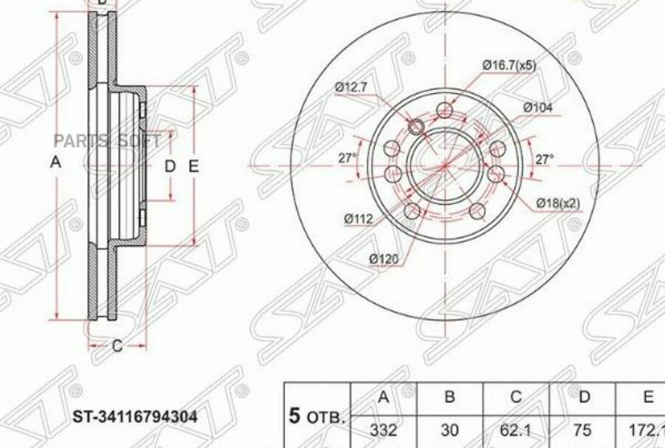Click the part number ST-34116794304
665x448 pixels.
click(x=134, y=417)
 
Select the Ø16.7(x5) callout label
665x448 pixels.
click(x=509, y=65)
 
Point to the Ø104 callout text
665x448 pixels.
click(x=538, y=107)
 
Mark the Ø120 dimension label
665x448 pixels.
click(x=385, y=258)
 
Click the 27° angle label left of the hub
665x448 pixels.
click(x=347, y=157)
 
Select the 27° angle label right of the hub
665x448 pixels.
click(x=545, y=158)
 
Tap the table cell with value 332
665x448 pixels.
click(x=383, y=431)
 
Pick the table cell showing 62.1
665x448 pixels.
click(x=516, y=431)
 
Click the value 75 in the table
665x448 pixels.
click(x=584, y=431)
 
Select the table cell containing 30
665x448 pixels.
click(x=449, y=431)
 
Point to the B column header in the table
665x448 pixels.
click(x=449, y=398)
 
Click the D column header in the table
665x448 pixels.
click(x=584, y=398)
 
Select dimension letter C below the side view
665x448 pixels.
click(x=116, y=346)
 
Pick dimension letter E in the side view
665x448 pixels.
click(x=194, y=167)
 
